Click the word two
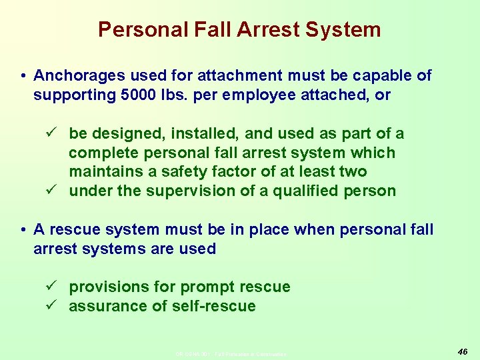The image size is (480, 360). (x=352, y=171)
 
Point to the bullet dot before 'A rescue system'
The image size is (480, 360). (x=23, y=230)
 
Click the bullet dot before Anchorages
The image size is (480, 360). (x=23, y=76)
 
